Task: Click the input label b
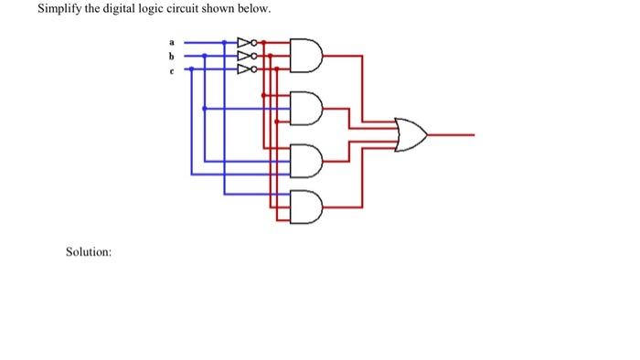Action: [x=170, y=55]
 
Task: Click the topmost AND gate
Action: [x=306, y=55]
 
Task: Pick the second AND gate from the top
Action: [x=306, y=107]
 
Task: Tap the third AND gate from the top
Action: [x=306, y=162]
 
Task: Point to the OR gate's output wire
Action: [x=452, y=134]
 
